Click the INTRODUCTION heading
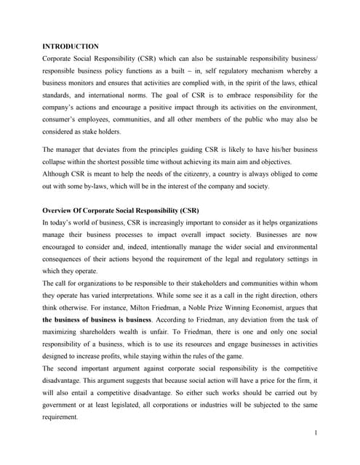click(x=71, y=45)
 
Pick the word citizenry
click(x=177, y=174)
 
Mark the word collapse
click(x=58, y=162)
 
